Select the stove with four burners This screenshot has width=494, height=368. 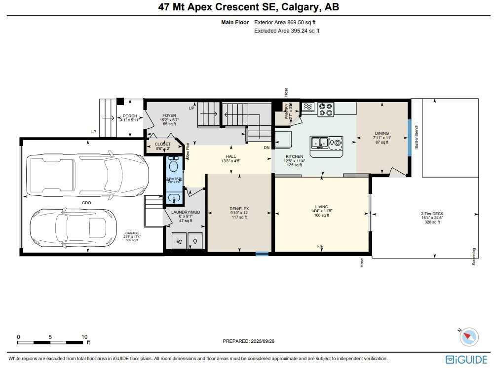326,109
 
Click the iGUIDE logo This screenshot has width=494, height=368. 466,359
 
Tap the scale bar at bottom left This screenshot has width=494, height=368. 52,341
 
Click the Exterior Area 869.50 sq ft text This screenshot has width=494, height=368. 285,22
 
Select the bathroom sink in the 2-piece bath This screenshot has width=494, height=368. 173,198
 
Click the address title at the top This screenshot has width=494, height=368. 249,7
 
